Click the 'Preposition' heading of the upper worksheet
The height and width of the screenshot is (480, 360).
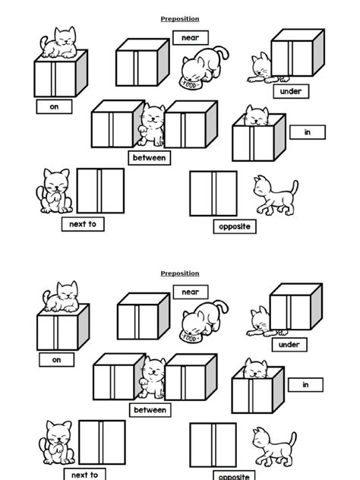180,19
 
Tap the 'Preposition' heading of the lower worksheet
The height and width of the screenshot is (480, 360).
180,273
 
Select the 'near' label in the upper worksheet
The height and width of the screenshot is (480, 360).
190,37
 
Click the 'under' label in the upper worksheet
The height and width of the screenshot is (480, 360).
290,91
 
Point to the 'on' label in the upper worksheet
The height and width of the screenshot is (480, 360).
55,107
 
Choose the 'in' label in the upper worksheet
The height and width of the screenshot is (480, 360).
308,132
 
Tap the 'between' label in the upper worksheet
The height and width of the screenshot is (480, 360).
150,157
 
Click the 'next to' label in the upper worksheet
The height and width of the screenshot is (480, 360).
83,225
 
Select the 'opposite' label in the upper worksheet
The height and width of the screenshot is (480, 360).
233,226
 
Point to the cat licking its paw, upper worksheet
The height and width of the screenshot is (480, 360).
55,191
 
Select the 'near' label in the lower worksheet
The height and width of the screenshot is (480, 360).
191,292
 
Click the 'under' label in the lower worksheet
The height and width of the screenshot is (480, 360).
289,345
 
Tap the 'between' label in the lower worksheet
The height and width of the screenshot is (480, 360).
150,410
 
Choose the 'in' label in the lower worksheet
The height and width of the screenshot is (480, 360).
306,385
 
